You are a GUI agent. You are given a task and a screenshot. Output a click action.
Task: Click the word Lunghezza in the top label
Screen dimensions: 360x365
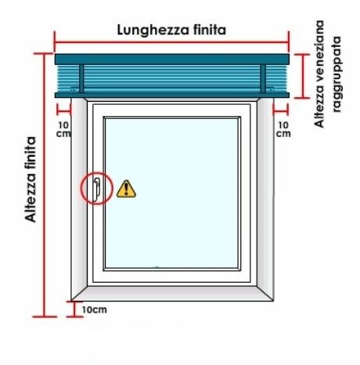pyautogui.click(x=153, y=31)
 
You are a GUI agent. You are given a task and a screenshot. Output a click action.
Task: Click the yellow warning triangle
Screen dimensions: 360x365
pyautogui.click(x=126, y=189)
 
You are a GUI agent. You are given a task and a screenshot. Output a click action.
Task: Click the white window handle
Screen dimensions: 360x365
pyautogui.click(x=96, y=190)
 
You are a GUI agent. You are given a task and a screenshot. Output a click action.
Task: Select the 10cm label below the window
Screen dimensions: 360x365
pyautogui.click(x=95, y=310)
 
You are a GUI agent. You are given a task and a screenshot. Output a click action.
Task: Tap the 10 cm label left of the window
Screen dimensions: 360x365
pyautogui.click(x=63, y=129)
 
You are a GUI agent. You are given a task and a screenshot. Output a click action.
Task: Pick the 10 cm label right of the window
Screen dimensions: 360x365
pyautogui.click(x=283, y=129)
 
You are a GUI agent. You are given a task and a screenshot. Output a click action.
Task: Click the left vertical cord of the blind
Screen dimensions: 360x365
pyautogui.click(x=81, y=78)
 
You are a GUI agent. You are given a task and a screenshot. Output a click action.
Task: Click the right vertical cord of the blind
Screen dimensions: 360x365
pyautogui.click(x=263, y=78)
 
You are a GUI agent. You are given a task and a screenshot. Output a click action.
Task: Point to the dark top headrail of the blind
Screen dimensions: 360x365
pyautogui.click(x=172, y=60)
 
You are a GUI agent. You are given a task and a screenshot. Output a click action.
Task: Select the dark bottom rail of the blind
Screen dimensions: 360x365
pyautogui.click(x=172, y=96)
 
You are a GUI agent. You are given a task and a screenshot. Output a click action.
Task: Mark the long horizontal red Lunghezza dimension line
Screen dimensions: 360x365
pyautogui.click(x=171, y=42)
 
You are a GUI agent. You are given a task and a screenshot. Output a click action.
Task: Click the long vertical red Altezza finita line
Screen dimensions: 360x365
pyautogui.click(x=45, y=185)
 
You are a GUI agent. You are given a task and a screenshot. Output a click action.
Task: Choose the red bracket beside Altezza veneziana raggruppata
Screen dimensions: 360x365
pyautogui.click(x=303, y=76)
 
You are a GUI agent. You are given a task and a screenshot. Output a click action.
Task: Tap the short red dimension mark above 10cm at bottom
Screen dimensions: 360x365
pyautogui.click(x=74, y=309)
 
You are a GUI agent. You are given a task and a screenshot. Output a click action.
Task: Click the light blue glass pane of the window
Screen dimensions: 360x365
pyautogui.click(x=172, y=193)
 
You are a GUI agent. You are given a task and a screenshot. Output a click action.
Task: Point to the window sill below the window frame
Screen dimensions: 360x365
pyautogui.click(x=172, y=294)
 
